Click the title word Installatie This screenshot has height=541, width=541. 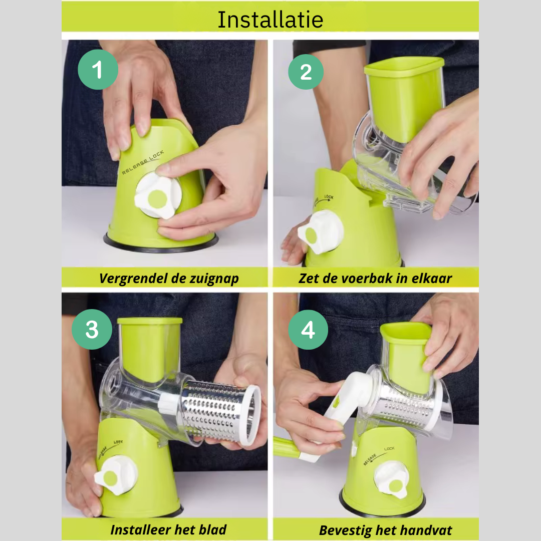tap(270, 20)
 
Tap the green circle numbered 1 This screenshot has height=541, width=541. tap(98, 70)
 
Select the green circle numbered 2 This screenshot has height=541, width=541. tap(306, 72)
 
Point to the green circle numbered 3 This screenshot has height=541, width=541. tap(92, 330)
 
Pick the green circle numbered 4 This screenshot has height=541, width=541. tap(308, 330)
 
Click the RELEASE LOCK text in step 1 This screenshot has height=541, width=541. tap(142, 162)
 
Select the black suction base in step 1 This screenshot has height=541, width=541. tap(160, 244)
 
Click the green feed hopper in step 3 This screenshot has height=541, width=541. tap(149, 346)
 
